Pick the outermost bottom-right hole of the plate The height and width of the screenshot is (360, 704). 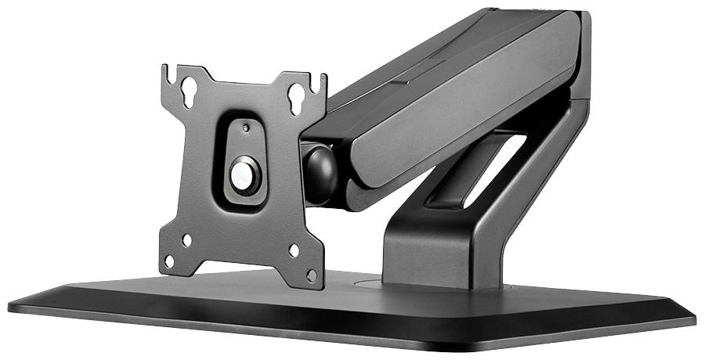(311, 275)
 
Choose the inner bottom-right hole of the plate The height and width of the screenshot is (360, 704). (293, 250)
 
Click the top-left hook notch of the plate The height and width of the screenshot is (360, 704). (167, 72)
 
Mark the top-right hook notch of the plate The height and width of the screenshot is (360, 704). (322, 78)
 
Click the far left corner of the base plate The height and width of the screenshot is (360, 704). (9, 303)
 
